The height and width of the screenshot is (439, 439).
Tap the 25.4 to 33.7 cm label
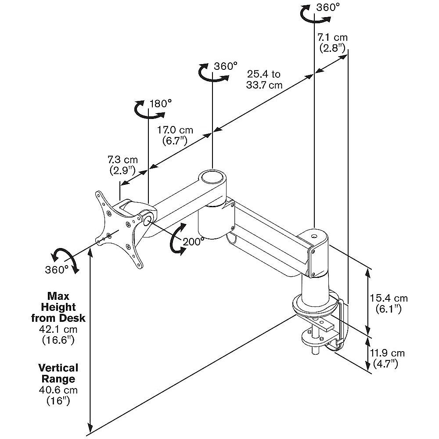tap(264, 79)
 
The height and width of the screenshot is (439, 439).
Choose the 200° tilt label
tap(194, 241)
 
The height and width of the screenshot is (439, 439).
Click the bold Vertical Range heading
tap(58, 373)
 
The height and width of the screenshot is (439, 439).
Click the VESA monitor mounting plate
tap(119, 228)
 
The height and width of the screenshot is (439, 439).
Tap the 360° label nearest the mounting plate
tap(57, 270)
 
